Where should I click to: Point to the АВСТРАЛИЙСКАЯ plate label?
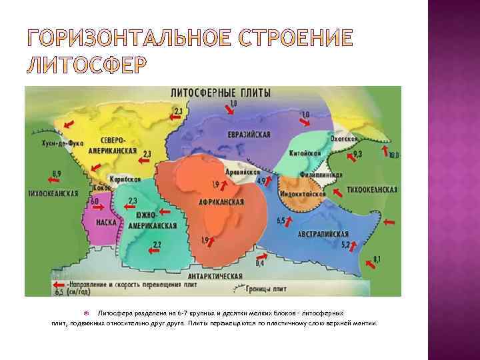tap(322, 235)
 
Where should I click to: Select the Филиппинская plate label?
tap(324, 175)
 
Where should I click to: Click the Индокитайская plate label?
tap(302, 193)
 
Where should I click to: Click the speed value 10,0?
tap(393, 155)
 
